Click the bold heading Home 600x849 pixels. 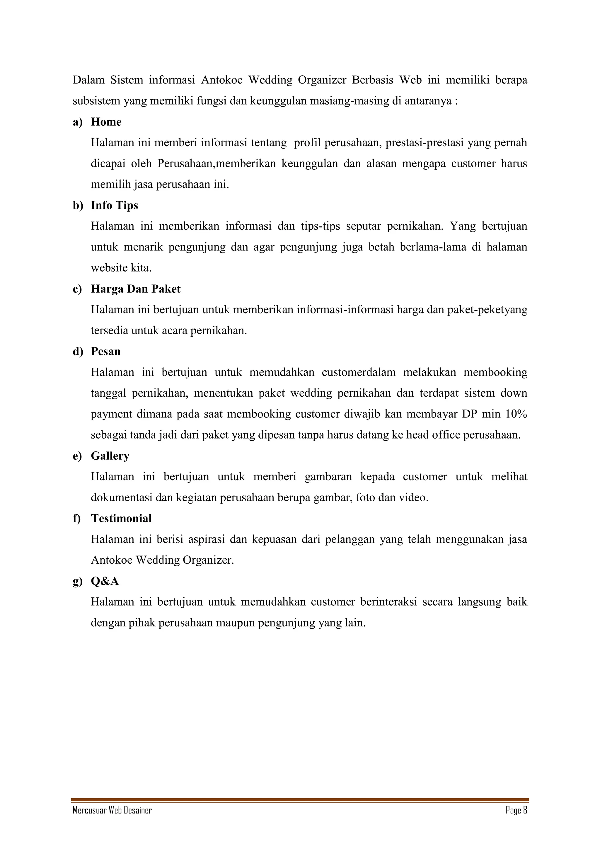pos(106,122)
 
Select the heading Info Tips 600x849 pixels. pos(114,206)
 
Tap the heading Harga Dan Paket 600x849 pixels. pos(136,289)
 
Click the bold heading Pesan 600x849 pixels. pos(106,352)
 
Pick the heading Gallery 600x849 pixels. pos(110,456)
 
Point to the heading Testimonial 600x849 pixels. pos(121,519)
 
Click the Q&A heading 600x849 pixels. pos(105,581)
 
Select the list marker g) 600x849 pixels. pos(77,582)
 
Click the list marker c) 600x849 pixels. pos(77,289)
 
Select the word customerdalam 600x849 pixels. pos(359,372)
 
